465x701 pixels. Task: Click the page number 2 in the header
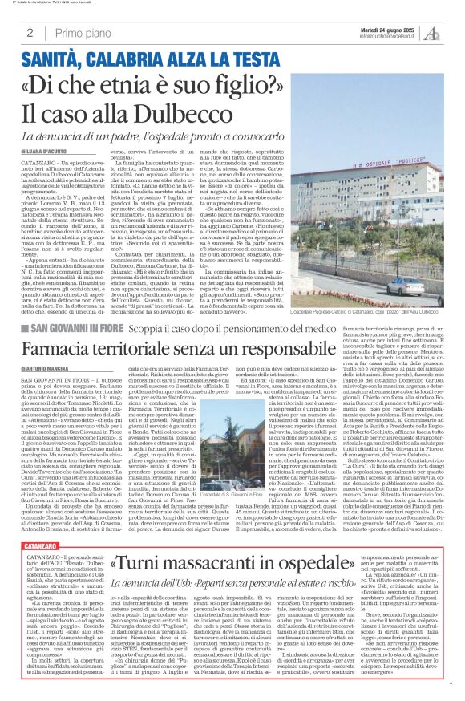coord(29,33)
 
